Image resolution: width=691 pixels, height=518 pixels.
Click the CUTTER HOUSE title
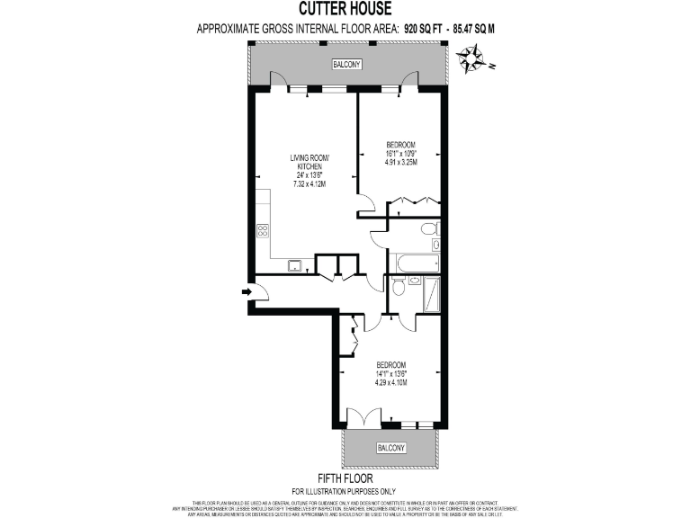click(x=345, y=10)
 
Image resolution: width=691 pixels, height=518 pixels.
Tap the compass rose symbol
click(x=471, y=61)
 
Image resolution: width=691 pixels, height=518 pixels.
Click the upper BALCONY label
click(x=346, y=66)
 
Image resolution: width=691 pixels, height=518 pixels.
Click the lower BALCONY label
click(x=390, y=447)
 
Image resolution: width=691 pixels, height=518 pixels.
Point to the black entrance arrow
click(x=246, y=291)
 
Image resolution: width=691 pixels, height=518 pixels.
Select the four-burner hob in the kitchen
click(x=264, y=229)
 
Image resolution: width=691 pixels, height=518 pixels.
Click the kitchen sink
click(x=295, y=264)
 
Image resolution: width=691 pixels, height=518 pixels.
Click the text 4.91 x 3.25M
click(x=400, y=163)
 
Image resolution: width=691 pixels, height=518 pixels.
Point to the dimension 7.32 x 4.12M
click(x=309, y=183)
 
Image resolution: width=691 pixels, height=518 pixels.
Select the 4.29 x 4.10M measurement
click(x=391, y=382)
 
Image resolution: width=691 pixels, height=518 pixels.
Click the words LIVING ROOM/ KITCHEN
click(x=309, y=163)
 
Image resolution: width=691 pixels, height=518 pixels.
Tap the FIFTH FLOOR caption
click(x=345, y=478)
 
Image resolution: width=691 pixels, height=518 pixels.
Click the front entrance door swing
click(x=258, y=290)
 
